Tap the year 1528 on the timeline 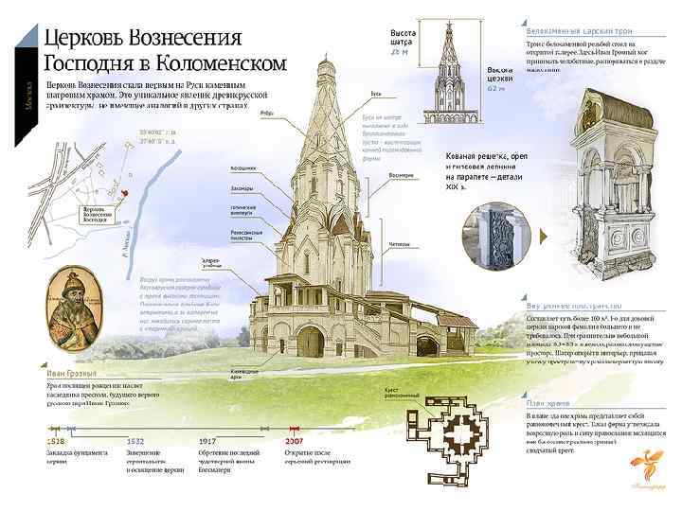pyautogui.click(x=58, y=440)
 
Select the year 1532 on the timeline pyautogui.click(x=136, y=440)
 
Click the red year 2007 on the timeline pyautogui.click(x=295, y=440)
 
